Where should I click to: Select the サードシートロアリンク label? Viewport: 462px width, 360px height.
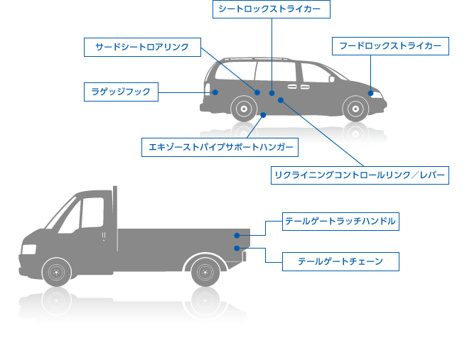point(142,48)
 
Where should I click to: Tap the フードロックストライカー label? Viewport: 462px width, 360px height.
point(390,47)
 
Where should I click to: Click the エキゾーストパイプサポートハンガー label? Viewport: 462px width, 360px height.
point(220,147)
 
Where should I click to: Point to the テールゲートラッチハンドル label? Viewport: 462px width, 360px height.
point(340,221)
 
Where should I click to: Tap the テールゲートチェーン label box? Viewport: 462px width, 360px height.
point(340,261)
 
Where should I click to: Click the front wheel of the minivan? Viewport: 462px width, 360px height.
point(353,109)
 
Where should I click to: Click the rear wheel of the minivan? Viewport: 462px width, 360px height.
point(244,109)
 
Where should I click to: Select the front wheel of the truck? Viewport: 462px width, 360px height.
point(56,271)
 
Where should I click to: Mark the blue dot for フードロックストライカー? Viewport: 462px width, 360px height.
point(370,93)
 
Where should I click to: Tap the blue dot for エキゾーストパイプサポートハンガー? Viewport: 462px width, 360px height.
point(263,115)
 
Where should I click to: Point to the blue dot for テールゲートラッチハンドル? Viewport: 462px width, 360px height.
point(237,235)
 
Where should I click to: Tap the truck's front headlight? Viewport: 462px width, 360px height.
point(28,249)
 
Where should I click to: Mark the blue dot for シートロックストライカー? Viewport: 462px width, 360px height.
point(272,92)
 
